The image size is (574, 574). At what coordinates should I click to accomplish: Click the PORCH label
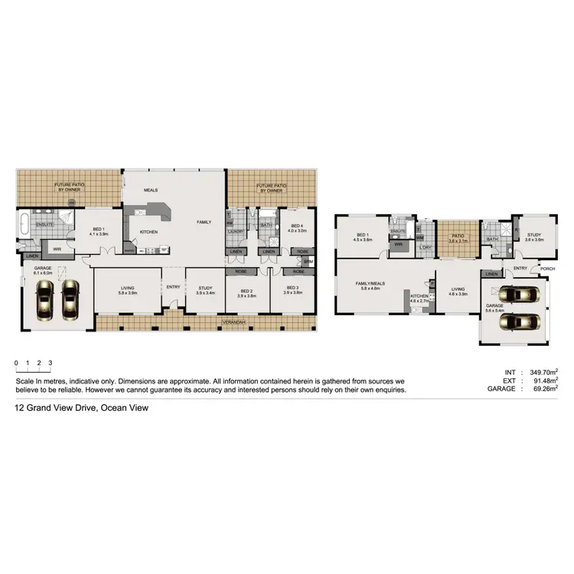(546, 269)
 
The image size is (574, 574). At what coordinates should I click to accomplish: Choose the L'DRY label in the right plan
(426, 246)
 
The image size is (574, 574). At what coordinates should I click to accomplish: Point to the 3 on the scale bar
(50, 363)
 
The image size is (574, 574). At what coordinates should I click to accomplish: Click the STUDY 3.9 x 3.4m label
(205, 292)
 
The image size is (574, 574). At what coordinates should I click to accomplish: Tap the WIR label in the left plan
(57, 248)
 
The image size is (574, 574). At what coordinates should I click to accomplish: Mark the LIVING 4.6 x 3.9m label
(457, 292)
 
